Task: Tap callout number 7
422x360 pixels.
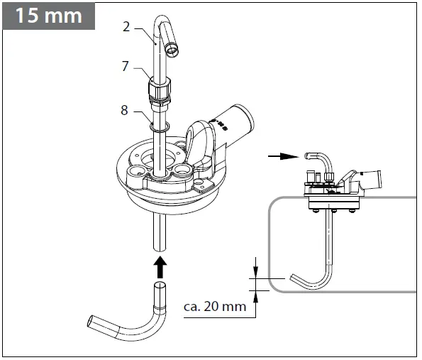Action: pyautogui.click(x=126, y=67)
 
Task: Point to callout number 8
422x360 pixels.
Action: pyautogui.click(x=126, y=110)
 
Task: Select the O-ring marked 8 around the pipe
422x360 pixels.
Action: pyautogui.click(x=161, y=126)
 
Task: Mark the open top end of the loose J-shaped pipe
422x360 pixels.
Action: pyautogui.click(x=160, y=287)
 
